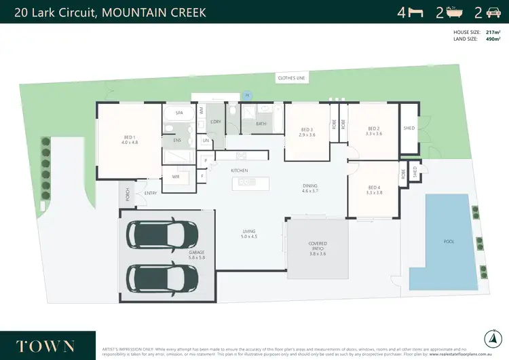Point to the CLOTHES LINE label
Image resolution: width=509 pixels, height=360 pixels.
click(x=291, y=79)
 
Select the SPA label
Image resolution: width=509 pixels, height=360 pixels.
click(x=180, y=113)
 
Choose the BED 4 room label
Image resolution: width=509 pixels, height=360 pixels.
click(x=374, y=190)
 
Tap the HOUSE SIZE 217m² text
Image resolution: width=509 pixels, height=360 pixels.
click(x=478, y=32)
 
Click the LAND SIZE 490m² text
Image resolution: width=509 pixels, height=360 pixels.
click(x=478, y=39)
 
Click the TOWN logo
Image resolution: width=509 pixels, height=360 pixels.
click(x=40, y=345)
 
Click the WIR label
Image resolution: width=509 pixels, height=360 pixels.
click(x=176, y=176)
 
